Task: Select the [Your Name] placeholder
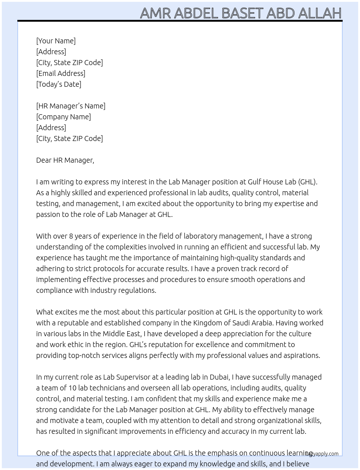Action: tap(56, 41)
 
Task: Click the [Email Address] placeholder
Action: tap(61, 73)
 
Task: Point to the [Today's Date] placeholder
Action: tap(59, 84)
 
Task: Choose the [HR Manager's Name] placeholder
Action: tap(70, 106)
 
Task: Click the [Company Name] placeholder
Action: tap(63, 117)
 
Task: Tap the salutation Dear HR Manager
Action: tap(65, 160)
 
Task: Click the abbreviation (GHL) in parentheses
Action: tap(308, 182)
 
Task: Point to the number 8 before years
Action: tap(71, 236)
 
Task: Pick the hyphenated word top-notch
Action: tap(84, 355)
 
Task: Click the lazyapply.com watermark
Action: tap(322, 454)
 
